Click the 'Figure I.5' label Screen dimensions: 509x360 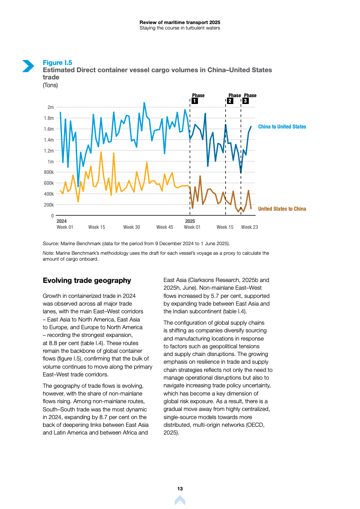click(57, 63)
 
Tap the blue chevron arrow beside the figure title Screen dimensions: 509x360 click(28, 66)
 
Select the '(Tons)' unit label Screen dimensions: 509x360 click(50, 85)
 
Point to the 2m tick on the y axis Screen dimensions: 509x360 click(50, 107)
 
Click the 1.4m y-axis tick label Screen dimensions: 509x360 click(48, 140)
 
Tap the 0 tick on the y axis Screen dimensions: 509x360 click(53, 216)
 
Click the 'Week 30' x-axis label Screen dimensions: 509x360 click(132, 227)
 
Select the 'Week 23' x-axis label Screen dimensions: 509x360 click(249, 227)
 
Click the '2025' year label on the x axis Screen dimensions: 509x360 click(190, 221)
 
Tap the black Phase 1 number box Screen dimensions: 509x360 click(194, 101)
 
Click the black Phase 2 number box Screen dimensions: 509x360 click(230, 101)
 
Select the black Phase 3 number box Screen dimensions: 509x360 click(246, 101)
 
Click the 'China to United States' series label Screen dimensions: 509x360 click(282, 127)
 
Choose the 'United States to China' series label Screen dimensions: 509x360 click(282, 209)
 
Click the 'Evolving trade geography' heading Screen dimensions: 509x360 click(87, 281)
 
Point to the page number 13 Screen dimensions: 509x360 click(180, 489)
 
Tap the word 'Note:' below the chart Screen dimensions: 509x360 click(48, 253)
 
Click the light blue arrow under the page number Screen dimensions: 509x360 click(180, 500)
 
